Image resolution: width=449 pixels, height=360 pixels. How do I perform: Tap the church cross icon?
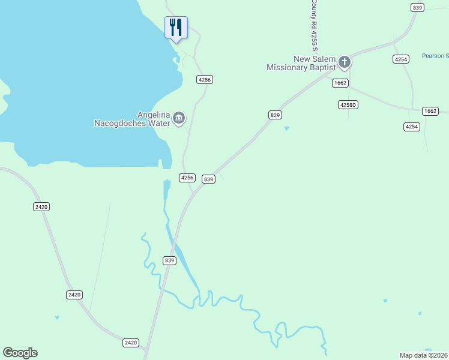pyautogui.click(x=345, y=62)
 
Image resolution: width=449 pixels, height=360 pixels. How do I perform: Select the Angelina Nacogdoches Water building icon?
pyautogui.click(x=179, y=119)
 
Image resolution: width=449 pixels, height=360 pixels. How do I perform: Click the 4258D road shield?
pyautogui.click(x=348, y=104)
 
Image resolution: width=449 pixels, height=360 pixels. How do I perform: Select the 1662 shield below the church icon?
pyautogui.click(x=340, y=83)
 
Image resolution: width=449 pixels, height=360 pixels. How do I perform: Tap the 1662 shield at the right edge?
pyautogui.click(x=430, y=111)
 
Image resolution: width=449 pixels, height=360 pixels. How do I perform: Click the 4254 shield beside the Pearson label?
pyautogui.click(x=401, y=59)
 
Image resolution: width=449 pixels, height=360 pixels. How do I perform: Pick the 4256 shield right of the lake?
pyautogui.click(x=205, y=79)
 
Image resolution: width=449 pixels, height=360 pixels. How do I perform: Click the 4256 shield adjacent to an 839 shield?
pyautogui.click(x=187, y=178)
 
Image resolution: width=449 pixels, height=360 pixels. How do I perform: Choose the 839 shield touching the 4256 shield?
pyautogui.click(x=208, y=179)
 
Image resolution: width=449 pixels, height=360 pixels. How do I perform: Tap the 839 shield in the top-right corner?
pyautogui.click(x=418, y=7)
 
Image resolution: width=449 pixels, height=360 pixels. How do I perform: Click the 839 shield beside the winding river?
pyautogui.click(x=169, y=260)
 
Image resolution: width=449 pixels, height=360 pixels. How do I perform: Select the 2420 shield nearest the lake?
pyautogui.click(x=41, y=206)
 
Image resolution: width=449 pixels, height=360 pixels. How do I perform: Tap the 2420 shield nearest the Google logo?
pyautogui.click(x=130, y=343)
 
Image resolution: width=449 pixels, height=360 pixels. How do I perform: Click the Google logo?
pyautogui.click(x=20, y=353)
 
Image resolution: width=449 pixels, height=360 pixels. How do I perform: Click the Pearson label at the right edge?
pyautogui.click(x=435, y=56)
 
